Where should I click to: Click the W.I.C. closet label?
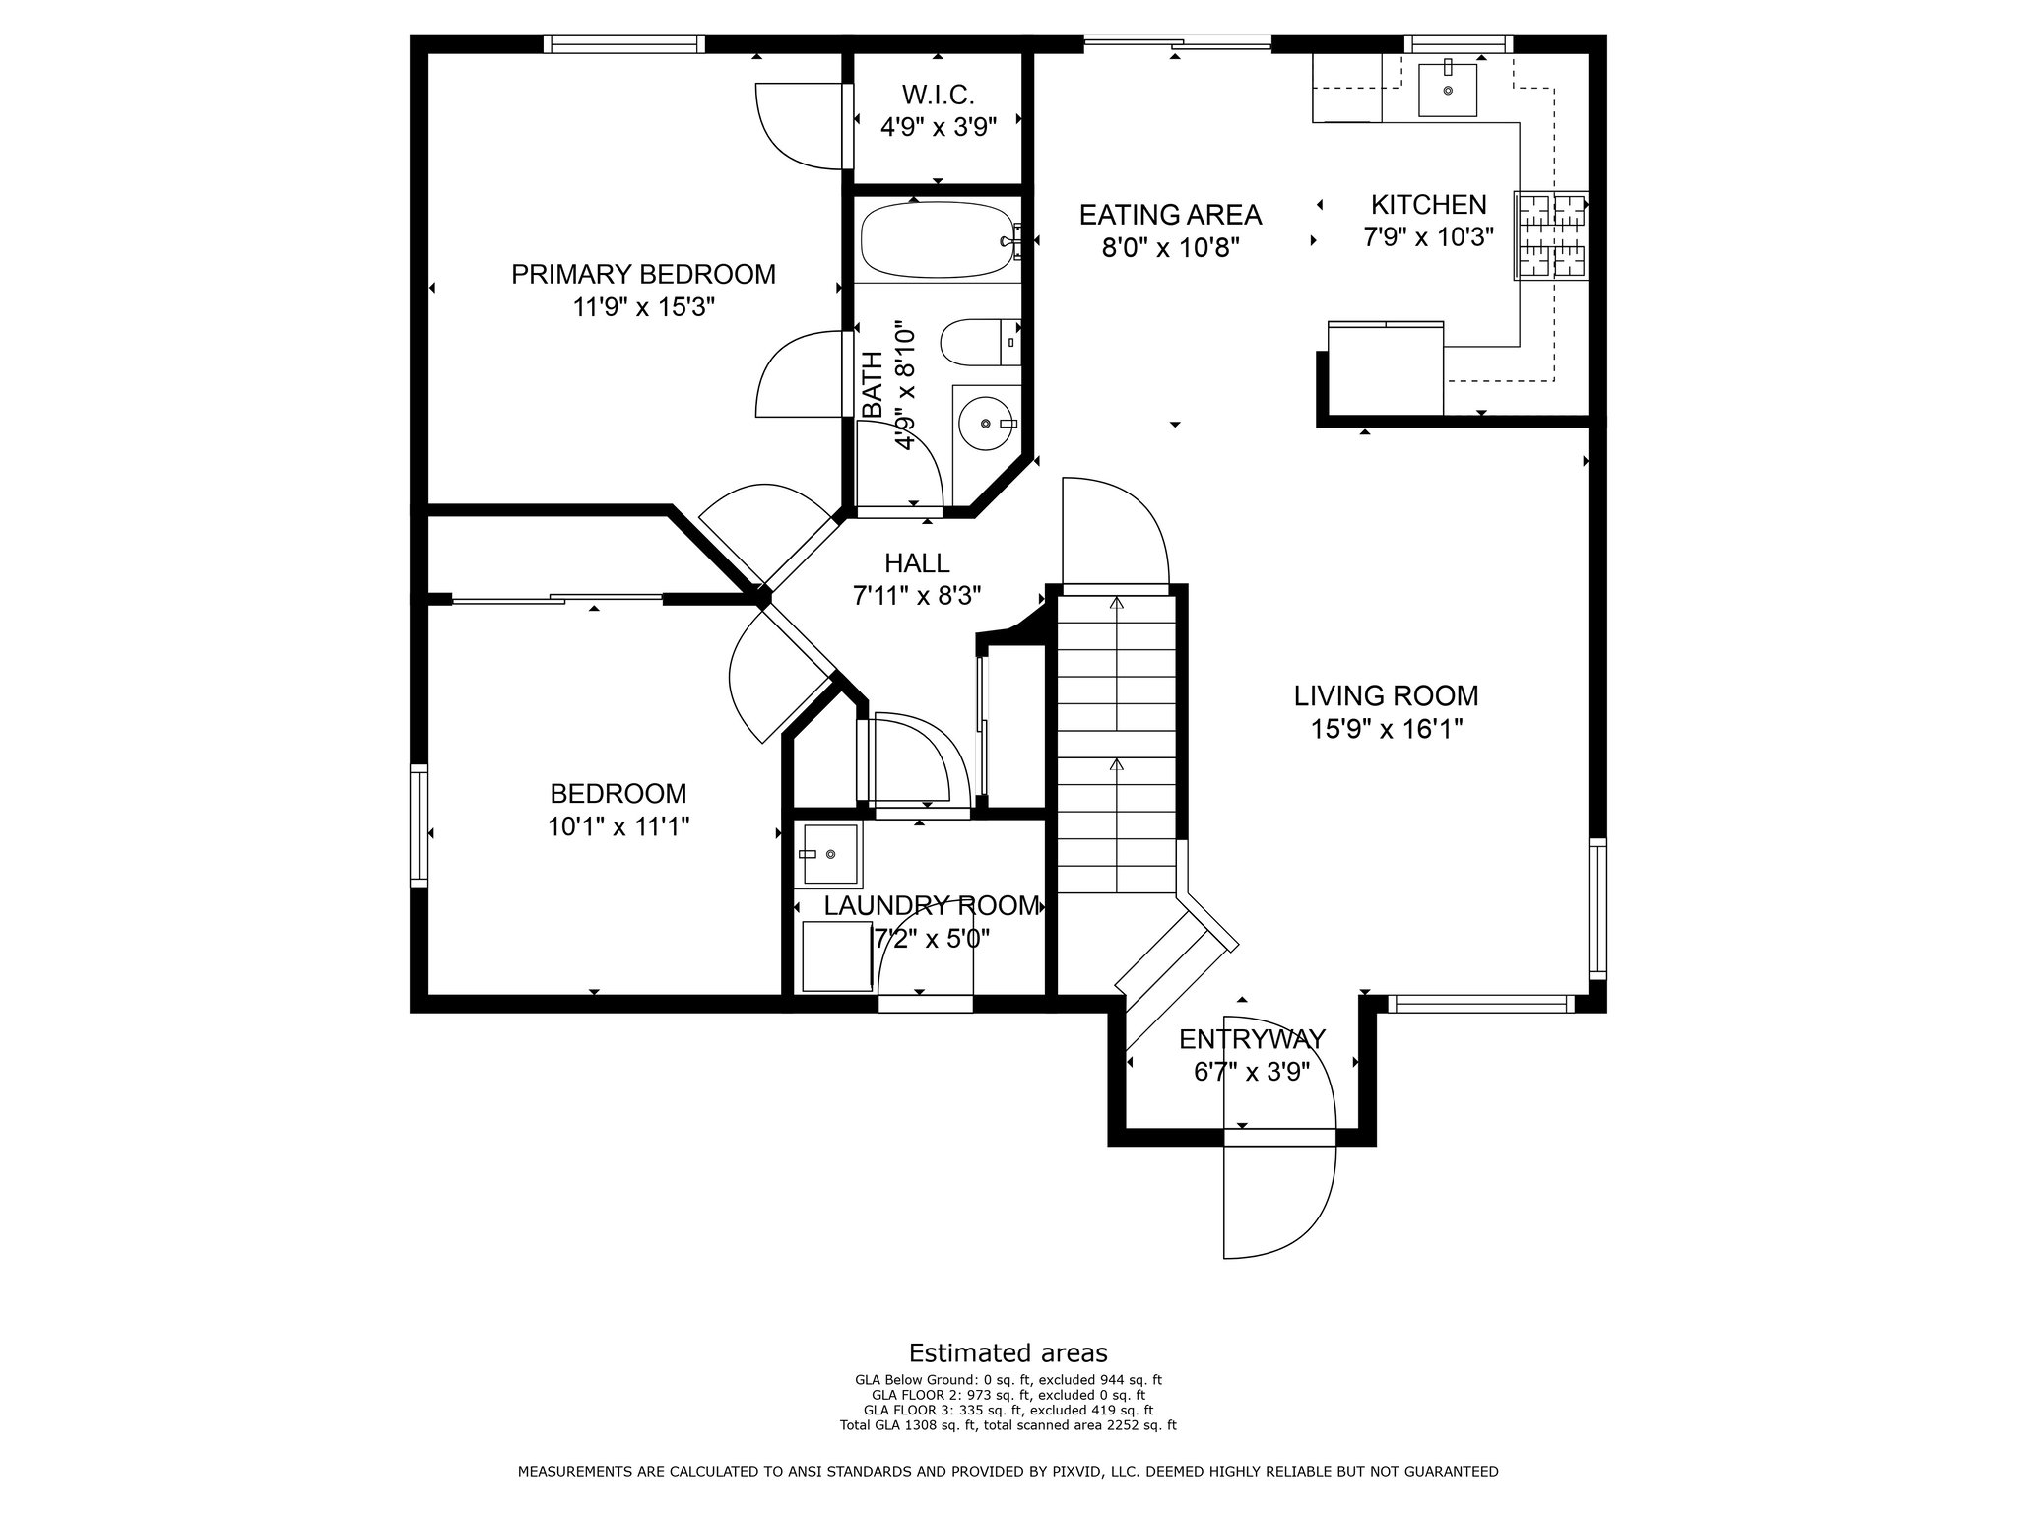coord(938,96)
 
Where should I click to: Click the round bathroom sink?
coord(987,422)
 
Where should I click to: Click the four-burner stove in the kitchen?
coord(1550,235)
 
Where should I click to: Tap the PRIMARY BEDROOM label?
coord(643,274)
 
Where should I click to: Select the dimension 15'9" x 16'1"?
coord(1386,729)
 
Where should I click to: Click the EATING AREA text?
coord(1170,214)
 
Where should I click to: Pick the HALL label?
coord(917,562)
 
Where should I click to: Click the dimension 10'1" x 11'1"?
coord(618,825)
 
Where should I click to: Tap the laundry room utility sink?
coord(831,853)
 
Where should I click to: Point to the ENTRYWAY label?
coord(1252,1039)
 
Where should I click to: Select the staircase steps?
coord(1117,743)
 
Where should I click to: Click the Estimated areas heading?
coord(1008,1352)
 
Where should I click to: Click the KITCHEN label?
coord(1429,204)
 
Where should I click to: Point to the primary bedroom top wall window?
coord(623,43)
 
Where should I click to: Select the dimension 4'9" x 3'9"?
coord(938,126)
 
